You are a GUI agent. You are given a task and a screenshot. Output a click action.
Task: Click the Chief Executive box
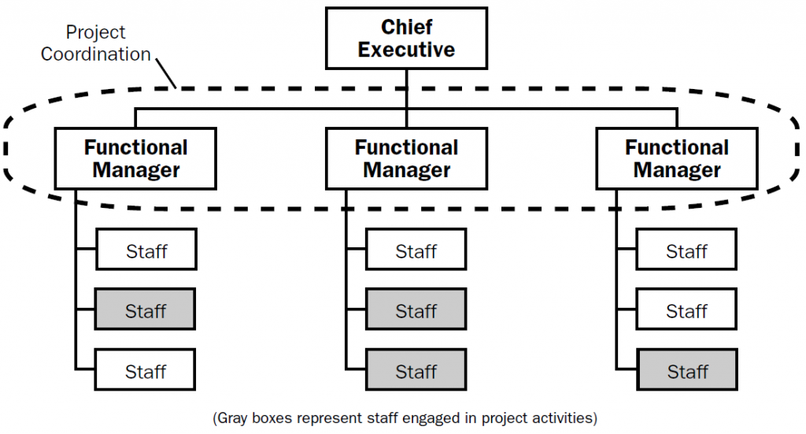click(406, 39)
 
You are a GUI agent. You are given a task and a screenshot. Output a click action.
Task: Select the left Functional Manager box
click(135, 159)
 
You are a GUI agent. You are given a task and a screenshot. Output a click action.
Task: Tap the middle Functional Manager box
click(406, 159)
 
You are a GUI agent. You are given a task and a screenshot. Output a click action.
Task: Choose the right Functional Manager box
click(677, 159)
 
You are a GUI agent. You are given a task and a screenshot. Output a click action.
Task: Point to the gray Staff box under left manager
click(146, 311)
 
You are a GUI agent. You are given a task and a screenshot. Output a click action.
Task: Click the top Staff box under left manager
click(146, 251)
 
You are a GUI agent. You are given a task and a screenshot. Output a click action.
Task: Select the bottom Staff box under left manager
click(146, 371)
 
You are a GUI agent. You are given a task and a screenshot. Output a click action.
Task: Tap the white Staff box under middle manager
click(416, 251)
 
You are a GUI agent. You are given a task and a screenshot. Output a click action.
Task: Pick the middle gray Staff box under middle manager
click(416, 311)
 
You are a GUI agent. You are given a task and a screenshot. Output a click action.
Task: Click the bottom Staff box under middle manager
click(416, 371)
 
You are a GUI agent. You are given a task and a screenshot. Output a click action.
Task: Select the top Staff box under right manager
click(686, 251)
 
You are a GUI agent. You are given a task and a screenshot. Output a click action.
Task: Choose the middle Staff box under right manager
click(686, 311)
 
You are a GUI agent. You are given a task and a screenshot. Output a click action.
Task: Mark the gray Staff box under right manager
click(686, 371)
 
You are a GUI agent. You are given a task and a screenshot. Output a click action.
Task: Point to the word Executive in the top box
click(406, 50)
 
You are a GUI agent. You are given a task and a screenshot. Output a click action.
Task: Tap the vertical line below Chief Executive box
click(406, 87)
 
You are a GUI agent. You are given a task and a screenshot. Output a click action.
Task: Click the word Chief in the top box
click(406, 28)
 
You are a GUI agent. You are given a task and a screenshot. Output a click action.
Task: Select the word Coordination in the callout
click(96, 54)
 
